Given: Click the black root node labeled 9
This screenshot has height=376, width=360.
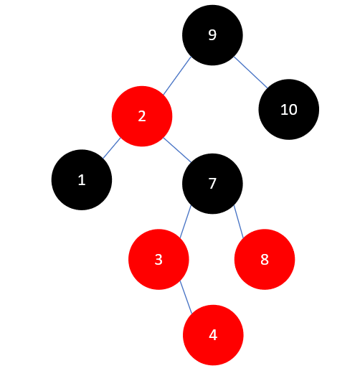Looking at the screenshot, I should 212,34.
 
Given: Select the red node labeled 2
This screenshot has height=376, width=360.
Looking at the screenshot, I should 142,116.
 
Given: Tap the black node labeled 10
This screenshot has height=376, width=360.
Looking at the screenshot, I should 288,110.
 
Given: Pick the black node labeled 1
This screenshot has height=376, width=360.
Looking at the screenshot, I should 82,179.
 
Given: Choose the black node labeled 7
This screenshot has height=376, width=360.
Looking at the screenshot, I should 212,183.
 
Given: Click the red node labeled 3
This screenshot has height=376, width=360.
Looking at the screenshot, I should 158,259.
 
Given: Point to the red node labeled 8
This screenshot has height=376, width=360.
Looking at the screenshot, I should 265,259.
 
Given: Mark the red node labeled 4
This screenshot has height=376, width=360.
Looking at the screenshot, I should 213,334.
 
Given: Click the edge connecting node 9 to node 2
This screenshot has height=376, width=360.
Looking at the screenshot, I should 177,75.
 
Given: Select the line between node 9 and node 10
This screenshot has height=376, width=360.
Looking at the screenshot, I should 250,72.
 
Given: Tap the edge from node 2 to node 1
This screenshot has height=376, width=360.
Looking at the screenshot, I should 111,148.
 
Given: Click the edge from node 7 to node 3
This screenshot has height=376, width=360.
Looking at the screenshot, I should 185,221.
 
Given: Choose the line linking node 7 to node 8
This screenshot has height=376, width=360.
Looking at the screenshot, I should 240,221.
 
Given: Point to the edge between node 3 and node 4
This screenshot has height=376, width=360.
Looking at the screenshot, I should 186,297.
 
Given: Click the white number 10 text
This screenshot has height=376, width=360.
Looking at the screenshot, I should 288,110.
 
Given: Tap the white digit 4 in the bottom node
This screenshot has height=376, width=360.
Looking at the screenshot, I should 213,335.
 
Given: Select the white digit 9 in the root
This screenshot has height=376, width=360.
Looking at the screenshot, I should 212,35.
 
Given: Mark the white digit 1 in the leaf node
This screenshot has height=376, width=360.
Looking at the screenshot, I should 82,179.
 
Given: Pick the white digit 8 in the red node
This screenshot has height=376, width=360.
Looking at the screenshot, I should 265,260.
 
